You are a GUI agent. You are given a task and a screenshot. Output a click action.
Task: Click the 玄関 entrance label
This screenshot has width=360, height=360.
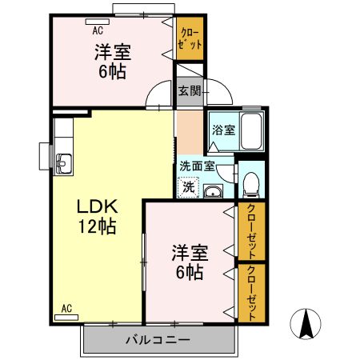(x=189, y=90)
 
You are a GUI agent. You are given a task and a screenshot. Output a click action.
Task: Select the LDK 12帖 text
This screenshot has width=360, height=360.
(x=97, y=217)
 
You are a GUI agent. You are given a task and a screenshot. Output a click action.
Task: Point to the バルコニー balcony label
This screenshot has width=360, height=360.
(x=158, y=340)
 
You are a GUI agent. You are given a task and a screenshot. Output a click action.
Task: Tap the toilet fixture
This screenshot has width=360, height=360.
(x=251, y=183)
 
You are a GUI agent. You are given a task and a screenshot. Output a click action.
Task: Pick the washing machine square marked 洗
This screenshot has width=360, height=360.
(x=186, y=187)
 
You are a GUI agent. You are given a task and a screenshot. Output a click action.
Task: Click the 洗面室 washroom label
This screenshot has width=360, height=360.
(x=196, y=166)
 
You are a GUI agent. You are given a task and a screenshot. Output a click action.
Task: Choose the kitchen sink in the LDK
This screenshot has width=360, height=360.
(x=62, y=162)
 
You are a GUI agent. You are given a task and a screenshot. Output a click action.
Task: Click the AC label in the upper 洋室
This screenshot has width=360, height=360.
(x=98, y=30)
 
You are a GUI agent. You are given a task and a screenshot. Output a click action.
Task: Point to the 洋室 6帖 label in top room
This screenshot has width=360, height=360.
(x=113, y=60)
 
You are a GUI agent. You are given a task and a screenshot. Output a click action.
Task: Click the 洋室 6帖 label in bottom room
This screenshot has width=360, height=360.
(x=190, y=263)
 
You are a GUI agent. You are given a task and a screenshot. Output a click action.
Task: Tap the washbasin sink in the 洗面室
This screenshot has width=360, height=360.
(x=213, y=191)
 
